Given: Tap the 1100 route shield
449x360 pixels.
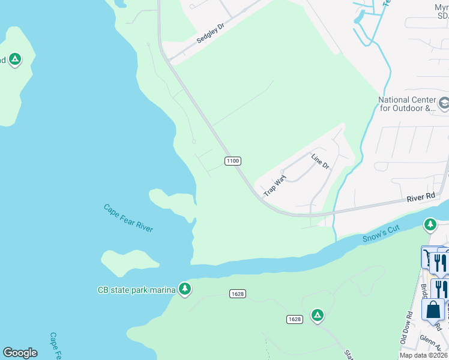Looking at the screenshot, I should click(233, 161).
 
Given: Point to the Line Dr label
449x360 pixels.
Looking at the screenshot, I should click(320, 161).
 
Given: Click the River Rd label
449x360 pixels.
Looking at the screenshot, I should click(420, 197).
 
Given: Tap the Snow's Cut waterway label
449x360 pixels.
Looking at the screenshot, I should click(381, 234).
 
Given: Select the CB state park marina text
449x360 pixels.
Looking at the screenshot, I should click(136, 290).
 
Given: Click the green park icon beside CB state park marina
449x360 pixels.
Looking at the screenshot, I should click(185, 290).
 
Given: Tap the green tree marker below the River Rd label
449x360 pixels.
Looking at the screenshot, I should click(430, 225).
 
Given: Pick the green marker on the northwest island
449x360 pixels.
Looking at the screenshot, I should click(16, 59).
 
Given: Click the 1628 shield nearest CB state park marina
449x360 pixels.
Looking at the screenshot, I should click(237, 293).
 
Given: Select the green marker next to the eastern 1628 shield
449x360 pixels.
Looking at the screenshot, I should click(317, 315).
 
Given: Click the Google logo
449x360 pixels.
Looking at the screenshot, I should click(20, 353).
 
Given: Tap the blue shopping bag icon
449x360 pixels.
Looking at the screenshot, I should click(432, 310).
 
